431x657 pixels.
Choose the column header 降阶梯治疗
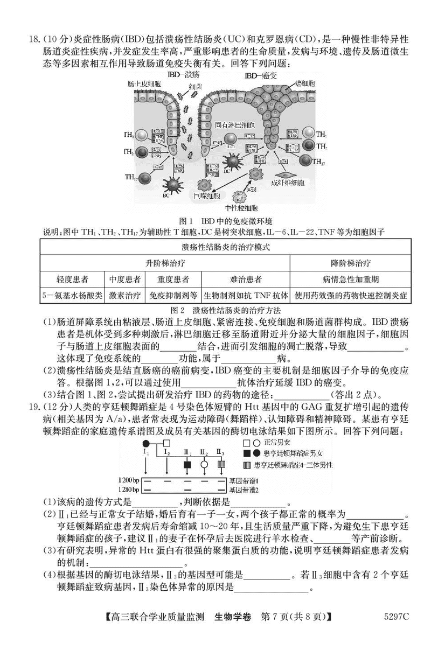click(350, 263)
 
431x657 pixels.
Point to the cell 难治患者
click(245, 279)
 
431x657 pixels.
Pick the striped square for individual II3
click(221, 464)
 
